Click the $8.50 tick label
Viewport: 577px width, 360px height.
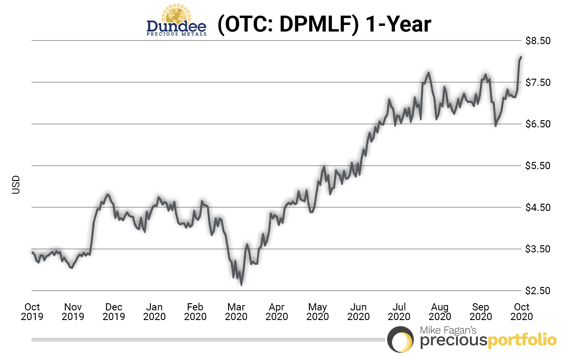(x=538, y=41)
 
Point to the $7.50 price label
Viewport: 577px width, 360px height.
(x=538, y=82)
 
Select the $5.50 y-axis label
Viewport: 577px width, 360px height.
(x=538, y=166)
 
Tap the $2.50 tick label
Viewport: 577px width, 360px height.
(x=538, y=291)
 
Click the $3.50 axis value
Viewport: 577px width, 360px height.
(x=538, y=249)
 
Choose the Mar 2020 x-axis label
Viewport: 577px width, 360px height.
(x=236, y=312)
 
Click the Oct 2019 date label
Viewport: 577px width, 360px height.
(x=32, y=312)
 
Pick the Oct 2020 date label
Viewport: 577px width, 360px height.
(x=521, y=312)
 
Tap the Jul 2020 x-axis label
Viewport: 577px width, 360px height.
(x=399, y=312)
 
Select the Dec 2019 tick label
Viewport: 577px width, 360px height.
(x=114, y=312)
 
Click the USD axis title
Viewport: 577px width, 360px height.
(x=16, y=185)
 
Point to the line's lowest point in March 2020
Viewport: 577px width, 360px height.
(x=241, y=285)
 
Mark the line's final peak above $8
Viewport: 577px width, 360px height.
(x=521, y=57)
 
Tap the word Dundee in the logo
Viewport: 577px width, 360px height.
(x=176, y=26)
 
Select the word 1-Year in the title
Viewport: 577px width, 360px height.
(x=398, y=24)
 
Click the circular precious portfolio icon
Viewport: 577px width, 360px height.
(x=400, y=340)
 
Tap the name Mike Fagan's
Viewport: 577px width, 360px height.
(x=448, y=330)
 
